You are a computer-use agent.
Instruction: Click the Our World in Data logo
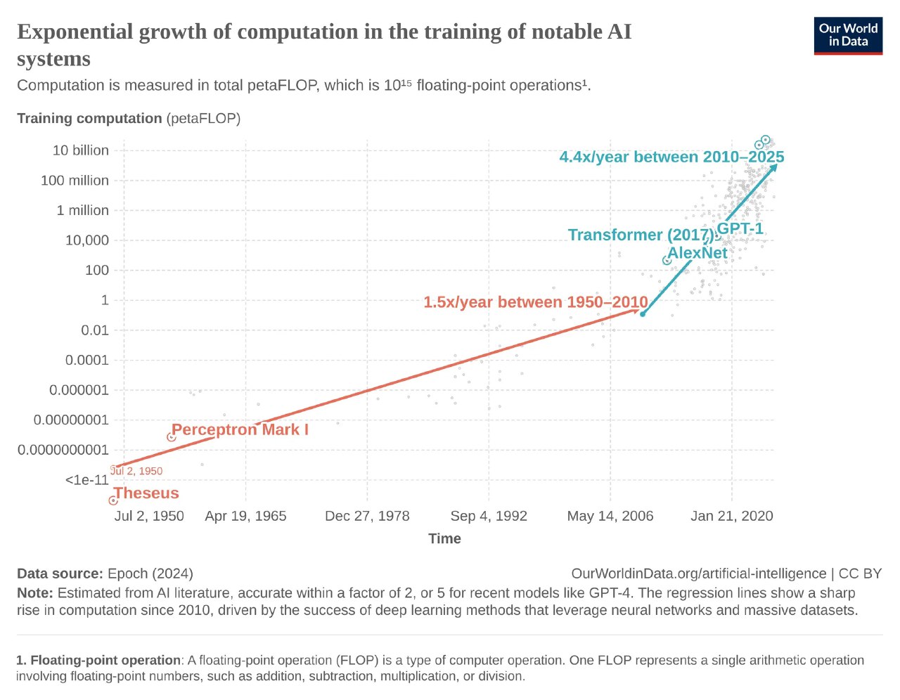[x=848, y=35]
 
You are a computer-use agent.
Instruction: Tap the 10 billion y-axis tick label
[x=81, y=150]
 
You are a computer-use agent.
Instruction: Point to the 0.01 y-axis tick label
[x=95, y=330]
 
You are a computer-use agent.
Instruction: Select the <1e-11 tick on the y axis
[x=87, y=480]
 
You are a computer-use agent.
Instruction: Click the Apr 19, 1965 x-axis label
[x=245, y=516]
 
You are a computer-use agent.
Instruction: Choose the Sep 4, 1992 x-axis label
[x=489, y=516]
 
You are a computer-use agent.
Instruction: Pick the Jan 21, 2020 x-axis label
[x=731, y=516]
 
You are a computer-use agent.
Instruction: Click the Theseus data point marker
[x=113, y=500]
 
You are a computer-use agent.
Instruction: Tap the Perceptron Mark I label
[x=240, y=429]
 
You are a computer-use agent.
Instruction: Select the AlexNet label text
[x=697, y=253]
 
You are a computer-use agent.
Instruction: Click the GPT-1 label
[x=740, y=228]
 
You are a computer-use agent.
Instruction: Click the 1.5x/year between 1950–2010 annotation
[x=535, y=302]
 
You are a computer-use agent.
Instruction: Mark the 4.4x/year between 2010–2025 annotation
[x=671, y=157]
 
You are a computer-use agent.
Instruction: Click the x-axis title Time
[x=444, y=538]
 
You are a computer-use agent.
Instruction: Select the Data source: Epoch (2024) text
[x=105, y=573]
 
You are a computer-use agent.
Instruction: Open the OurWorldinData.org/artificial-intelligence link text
[x=698, y=573]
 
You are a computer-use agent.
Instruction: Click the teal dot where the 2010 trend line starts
[x=643, y=314]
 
